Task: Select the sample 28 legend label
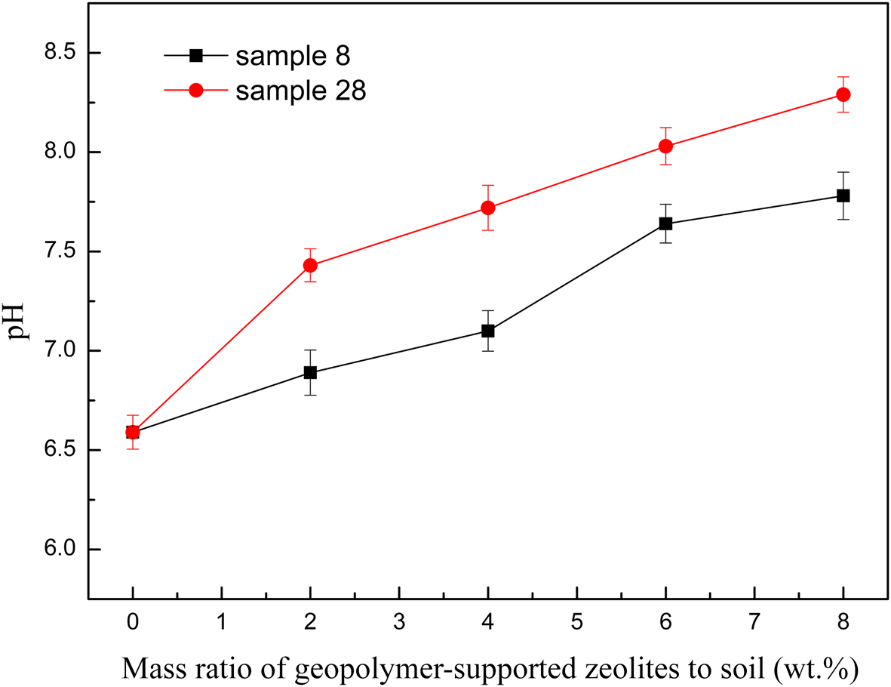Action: (x=301, y=91)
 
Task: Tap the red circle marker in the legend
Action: (x=196, y=91)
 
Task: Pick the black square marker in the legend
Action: (x=196, y=55)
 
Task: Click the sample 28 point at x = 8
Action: (x=843, y=94)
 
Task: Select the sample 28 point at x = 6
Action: (x=665, y=146)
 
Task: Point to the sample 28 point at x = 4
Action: (x=488, y=208)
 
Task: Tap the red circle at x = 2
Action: (x=310, y=265)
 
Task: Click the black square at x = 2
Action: (x=310, y=372)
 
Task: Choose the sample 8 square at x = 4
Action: (x=488, y=331)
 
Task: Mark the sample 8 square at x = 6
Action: (x=665, y=223)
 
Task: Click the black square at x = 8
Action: (x=843, y=196)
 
